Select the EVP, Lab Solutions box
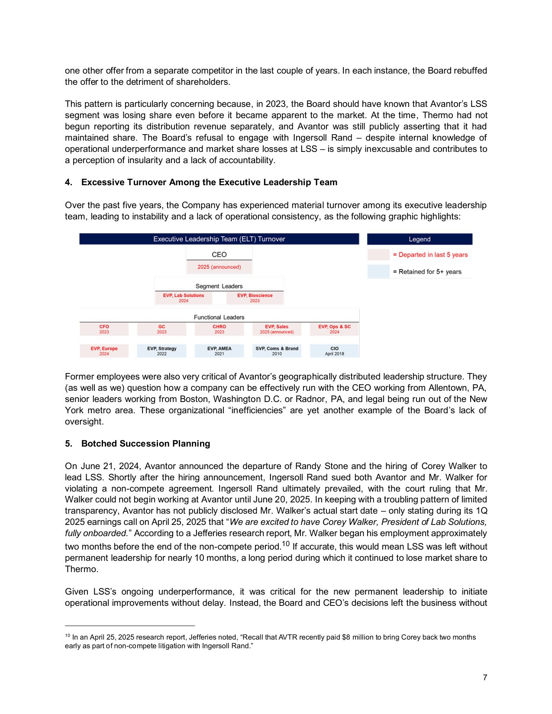184,298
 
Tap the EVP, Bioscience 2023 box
255,298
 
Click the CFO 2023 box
104,329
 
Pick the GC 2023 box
161,329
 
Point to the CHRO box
219,329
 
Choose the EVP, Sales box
277,329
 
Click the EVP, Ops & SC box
334,329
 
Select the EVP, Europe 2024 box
104,351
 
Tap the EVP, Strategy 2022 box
161,351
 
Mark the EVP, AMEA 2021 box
219,351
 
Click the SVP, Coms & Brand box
277,351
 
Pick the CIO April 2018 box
334,351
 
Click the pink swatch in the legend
378,254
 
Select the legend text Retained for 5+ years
427,272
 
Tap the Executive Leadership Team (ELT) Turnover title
219,239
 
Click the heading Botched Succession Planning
145,444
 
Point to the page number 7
485,678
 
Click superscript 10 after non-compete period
285,544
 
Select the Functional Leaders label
219,317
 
